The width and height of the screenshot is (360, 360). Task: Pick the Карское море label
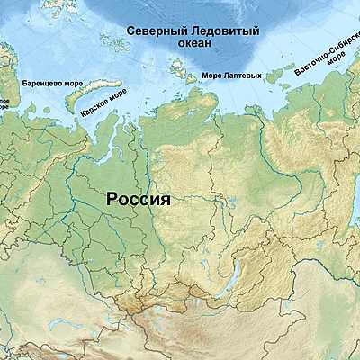point(103,103)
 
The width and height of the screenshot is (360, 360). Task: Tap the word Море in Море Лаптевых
point(213,76)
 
